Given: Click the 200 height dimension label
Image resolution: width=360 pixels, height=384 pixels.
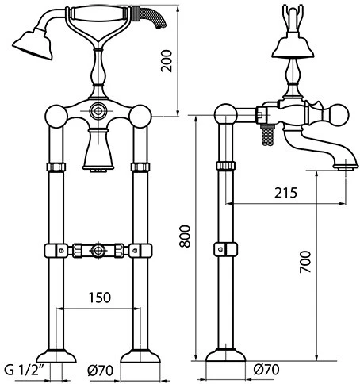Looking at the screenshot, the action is coord(167,61).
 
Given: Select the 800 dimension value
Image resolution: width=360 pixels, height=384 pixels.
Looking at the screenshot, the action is coord(185,236).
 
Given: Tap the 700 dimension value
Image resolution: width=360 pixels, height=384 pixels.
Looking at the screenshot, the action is coord(305,262).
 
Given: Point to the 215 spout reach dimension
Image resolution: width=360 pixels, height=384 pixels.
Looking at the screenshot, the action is coord(285,193).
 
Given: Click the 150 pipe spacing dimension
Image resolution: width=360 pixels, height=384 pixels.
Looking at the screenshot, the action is coord(100,298).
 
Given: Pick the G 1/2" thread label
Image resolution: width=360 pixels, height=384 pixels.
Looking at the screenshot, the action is coord(25,370).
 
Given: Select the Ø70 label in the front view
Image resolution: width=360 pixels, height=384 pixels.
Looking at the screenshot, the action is coord(100,371).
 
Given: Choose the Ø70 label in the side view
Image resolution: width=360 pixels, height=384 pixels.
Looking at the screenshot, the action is coord(266,369).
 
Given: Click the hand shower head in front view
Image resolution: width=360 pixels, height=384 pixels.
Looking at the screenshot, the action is coord(33,44).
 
